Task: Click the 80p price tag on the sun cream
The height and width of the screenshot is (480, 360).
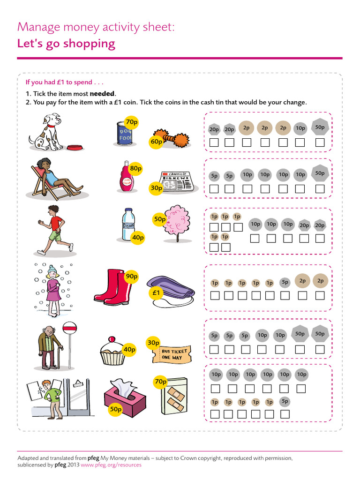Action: click(135, 168)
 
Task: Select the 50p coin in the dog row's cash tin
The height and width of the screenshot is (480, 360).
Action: click(320, 127)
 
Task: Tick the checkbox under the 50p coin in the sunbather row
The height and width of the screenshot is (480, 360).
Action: click(320, 189)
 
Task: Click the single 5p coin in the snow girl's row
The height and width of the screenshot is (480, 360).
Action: click(285, 282)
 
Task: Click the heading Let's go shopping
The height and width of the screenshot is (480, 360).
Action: click(66, 44)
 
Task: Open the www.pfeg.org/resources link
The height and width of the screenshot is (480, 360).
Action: click(111, 465)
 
